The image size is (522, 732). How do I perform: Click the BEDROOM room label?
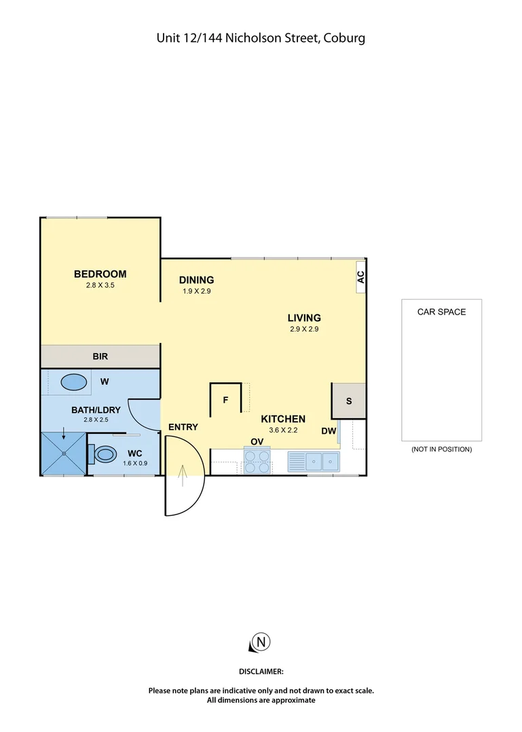pyautogui.click(x=100, y=274)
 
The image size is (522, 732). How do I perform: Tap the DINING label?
pyautogui.click(x=197, y=280)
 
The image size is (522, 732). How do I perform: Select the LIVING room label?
pyautogui.click(x=303, y=317)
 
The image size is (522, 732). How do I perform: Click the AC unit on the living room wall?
pyautogui.click(x=360, y=277)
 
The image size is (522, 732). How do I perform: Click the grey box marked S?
pyautogui.click(x=349, y=401)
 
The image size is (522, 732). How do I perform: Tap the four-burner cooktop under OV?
pyautogui.click(x=257, y=461)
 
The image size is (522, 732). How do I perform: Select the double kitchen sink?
pyautogui.click(x=322, y=462)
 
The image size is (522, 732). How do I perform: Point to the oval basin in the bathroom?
pyautogui.click(x=75, y=382)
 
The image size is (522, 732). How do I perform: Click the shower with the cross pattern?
pyautogui.click(x=64, y=453)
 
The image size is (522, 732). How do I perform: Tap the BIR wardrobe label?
pyautogui.click(x=100, y=356)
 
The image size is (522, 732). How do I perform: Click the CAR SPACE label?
pyautogui.click(x=441, y=312)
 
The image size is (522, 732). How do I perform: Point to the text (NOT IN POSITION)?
pyautogui.click(x=441, y=449)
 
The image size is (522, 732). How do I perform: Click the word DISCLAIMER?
pyautogui.click(x=261, y=671)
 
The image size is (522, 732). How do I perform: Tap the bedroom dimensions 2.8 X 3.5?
pyautogui.click(x=100, y=285)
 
